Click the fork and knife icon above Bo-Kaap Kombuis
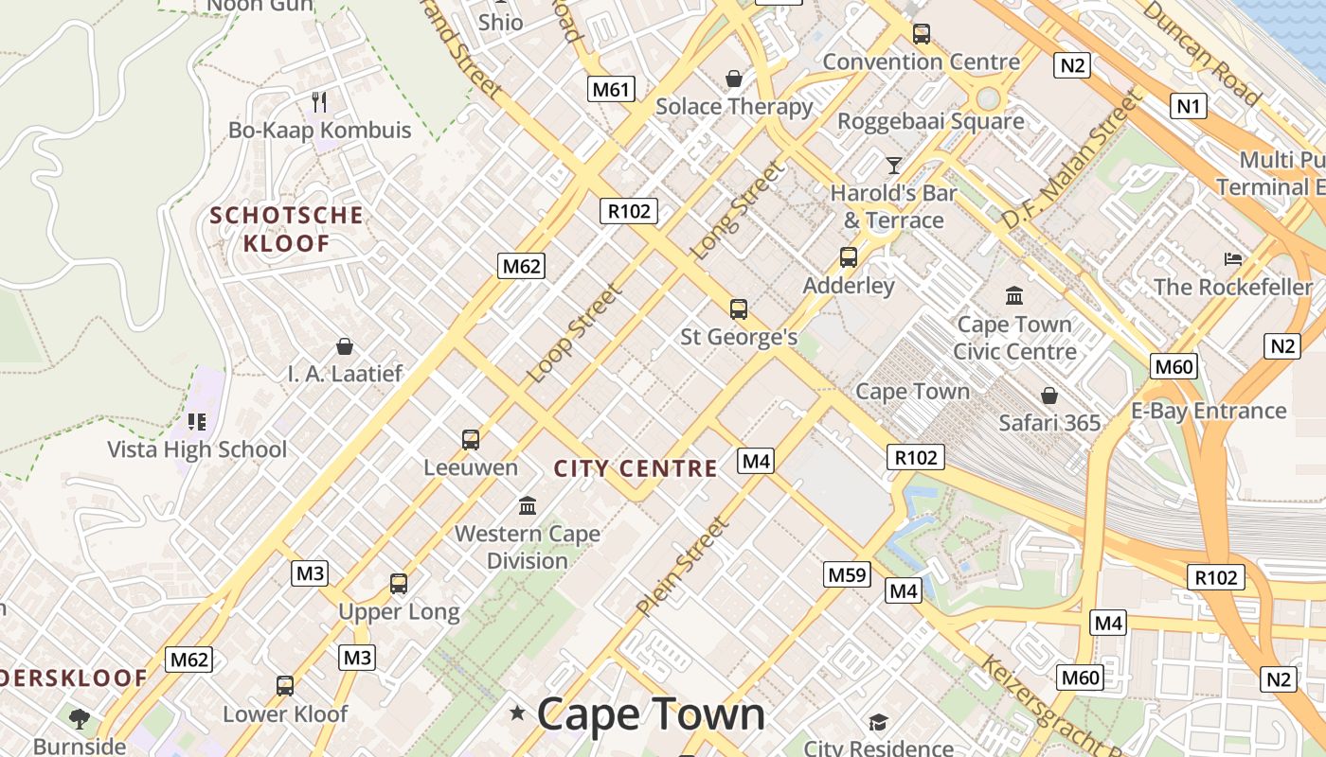(x=319, y=101)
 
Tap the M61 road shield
(x=611, y=90)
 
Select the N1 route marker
(x=1189, y=106)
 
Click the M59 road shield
(x=847, y=574)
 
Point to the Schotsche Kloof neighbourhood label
(x=287, y=229)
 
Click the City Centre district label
(x=636, y=468)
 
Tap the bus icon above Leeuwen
(x=471, y=439)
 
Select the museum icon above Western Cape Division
(x=528, y=505)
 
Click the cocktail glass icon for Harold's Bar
(x=893, y=166)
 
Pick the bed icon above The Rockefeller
(x=1233, y=258)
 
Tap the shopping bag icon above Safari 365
(x=1049, y=395)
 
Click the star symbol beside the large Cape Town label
(x=517, y=713)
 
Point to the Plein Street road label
(x=685, y=566)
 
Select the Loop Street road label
(x=574, y=334)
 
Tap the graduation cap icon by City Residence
(x=878, y=722)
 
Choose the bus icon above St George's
(x=739, y=308)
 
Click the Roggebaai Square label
(x=930, y=121)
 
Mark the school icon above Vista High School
(x=197, y=421)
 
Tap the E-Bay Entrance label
(x=1209, y=411)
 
